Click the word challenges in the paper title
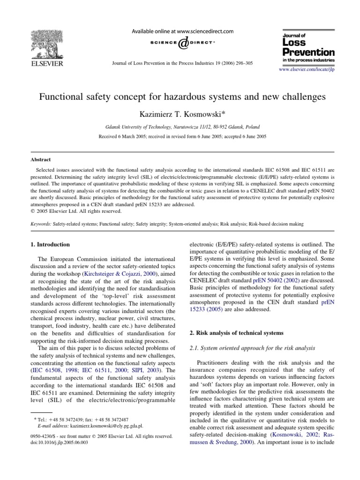coord(300,97)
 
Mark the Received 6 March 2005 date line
coord(180,136)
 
